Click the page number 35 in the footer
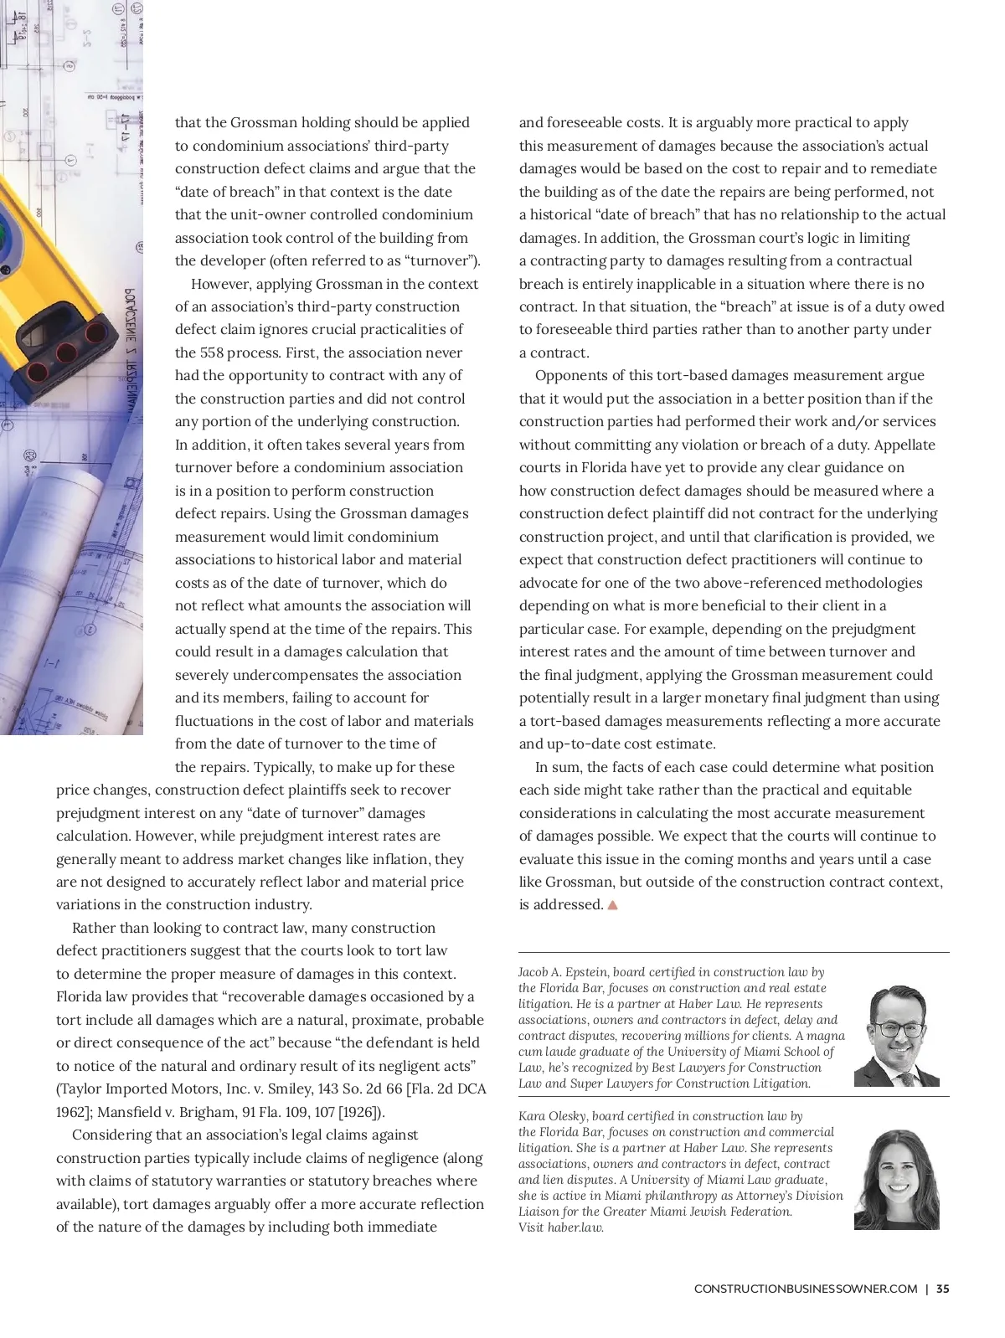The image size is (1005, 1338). (x=943, y=1289)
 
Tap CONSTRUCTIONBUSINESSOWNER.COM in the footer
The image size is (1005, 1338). (x=806, y=1289)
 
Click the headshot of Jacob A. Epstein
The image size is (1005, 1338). (x=897, y=1036)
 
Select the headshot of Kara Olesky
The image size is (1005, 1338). (x=897, y=1180)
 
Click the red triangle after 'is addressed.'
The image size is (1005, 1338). (x=612, y=905)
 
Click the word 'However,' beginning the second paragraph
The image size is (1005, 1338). (x=221, y=284)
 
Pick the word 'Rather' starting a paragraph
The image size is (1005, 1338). (x=93, y=928)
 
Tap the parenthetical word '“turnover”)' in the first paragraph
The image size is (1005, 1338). (x=441, y=260)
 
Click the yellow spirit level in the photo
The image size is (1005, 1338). (x=59, y=293)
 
